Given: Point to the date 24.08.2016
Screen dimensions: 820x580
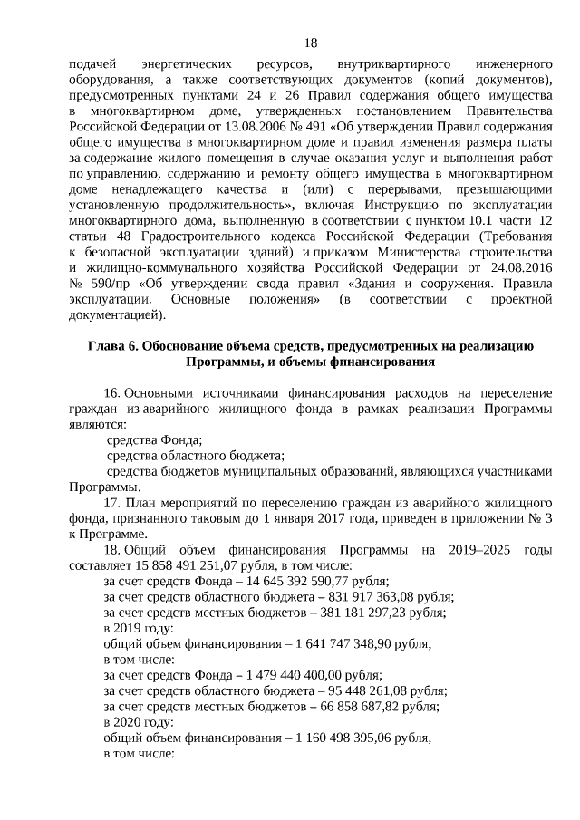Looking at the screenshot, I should click(519, 268).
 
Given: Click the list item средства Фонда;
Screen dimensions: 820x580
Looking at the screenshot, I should click(154, 439).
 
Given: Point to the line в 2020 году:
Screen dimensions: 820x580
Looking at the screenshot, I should click(139, 722).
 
